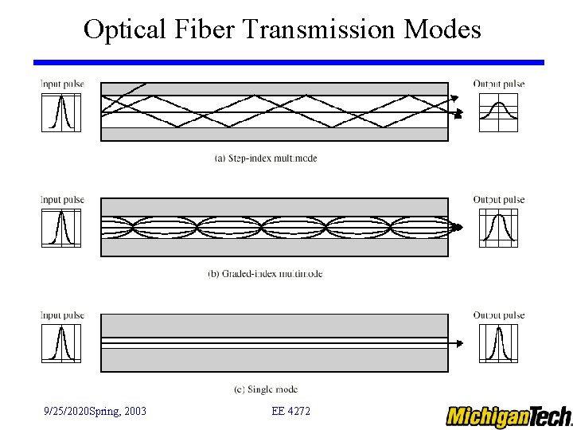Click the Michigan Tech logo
point(509,416)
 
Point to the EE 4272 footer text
point(290,411)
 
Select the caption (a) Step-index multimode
point(266,158)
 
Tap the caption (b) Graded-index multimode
point(265,274)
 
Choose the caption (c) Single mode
point(266,389)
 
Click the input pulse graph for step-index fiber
point(61,112)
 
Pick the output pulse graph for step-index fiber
point(498,112)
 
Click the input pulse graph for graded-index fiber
point(61,228)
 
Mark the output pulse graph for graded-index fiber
point(498,228)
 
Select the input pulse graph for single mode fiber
point(61,343)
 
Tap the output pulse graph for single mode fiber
point(498,343)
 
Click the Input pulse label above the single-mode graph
point(62,315)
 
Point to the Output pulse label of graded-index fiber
point(499,200)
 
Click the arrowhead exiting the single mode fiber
point(459,344)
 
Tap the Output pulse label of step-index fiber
point(499,84)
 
